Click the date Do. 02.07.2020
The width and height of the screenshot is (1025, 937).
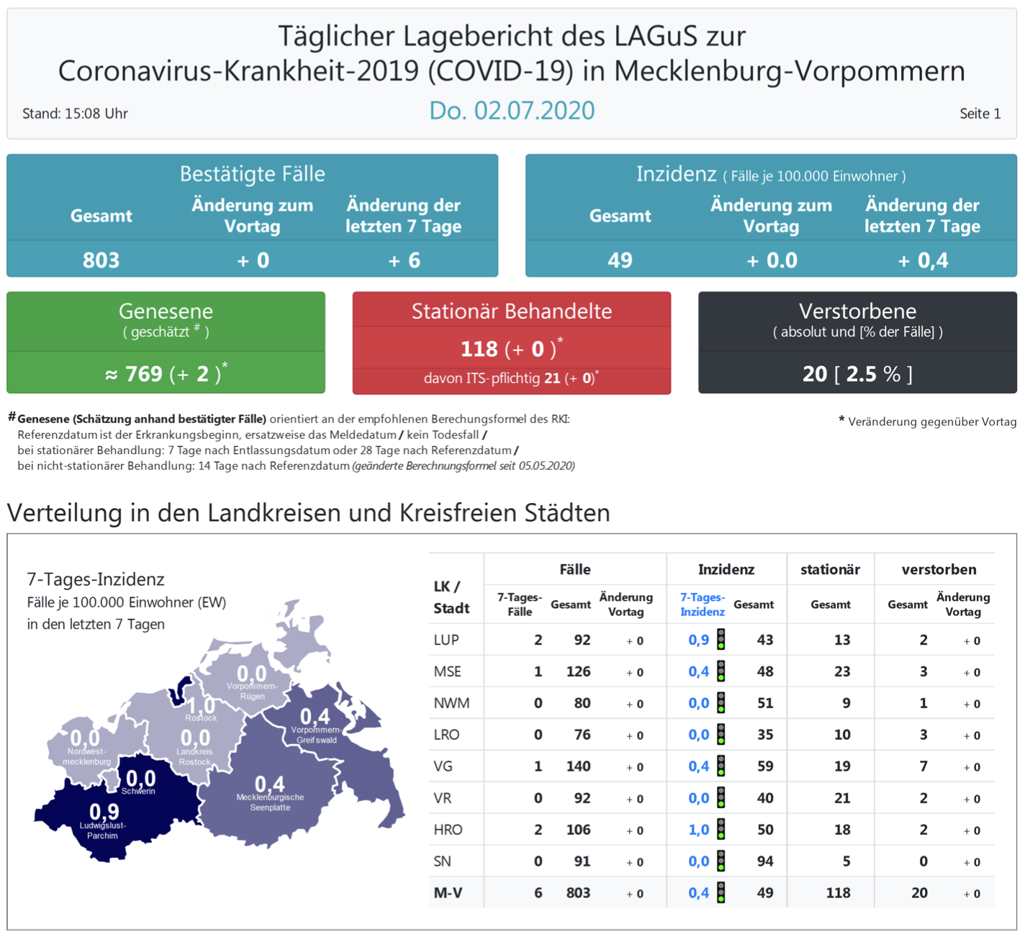click(x=512, y=111)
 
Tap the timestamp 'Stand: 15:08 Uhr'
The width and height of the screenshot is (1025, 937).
click(x=75, y=114)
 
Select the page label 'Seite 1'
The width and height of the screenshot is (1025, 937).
click(x=980, y=114)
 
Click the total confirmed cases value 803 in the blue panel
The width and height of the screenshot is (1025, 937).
click(x=101, y=260)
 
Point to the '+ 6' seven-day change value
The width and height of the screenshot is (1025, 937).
click(x=404, y=260)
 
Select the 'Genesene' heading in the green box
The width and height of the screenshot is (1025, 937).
click(x=166, y=311)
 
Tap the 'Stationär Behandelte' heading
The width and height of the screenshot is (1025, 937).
click(x=511, y=311)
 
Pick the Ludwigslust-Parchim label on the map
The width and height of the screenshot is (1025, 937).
click(x=103, y=830)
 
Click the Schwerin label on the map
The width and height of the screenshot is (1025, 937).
click(x=138, y=791)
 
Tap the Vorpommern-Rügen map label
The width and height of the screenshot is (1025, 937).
click(x=252, y=691)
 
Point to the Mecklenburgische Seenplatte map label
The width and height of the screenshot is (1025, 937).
click(x=270, y=802)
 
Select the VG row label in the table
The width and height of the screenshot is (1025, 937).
click(x=443, y=766)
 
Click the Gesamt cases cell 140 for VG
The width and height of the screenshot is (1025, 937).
click(x=578, y=766)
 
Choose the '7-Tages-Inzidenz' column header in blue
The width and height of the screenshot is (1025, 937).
click(x=702, y=605)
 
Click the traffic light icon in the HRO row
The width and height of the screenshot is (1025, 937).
click(x=721, y=830)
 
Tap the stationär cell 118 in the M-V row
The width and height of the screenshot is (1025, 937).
click(x=838, y=893)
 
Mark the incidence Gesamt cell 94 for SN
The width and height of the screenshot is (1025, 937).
click(x=764, y=861)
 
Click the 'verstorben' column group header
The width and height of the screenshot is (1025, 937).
click(x=939, y=569)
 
